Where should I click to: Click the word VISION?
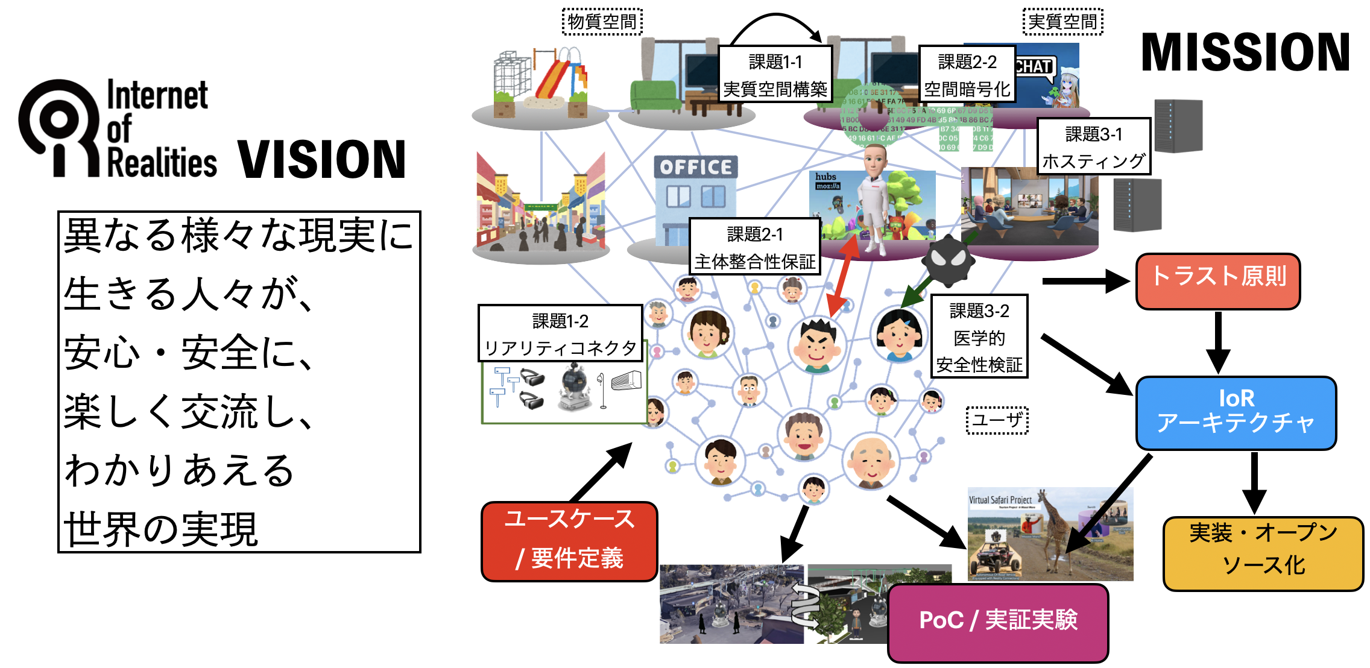[321, 160]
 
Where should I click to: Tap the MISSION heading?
[1245, 53]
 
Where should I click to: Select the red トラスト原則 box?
[1217, 281]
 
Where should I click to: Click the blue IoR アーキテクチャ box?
[1236, 413]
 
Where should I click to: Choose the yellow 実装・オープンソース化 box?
[1263, 553]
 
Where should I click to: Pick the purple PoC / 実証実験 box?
[998, 622]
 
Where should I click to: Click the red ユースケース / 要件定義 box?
[569, 541]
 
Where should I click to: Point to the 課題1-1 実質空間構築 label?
[775, 75]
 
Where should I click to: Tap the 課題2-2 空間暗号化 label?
[967, 75]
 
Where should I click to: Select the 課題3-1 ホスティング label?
[1093, 147]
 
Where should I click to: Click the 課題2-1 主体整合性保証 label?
[754, 247]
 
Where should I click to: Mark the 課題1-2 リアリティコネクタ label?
[560, 333]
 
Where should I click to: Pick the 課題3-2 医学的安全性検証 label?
[979, 336]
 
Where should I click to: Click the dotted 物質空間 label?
[602, 22]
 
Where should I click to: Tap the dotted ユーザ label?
[997, 420]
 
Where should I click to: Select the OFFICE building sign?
[695, 167]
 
